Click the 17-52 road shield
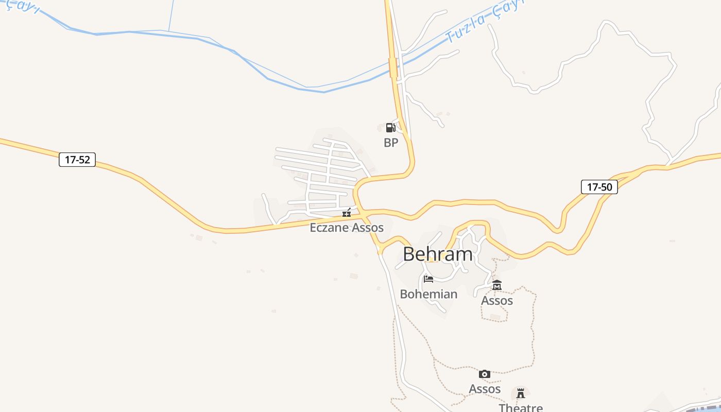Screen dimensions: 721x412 (77, 160)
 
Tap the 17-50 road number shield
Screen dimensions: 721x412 (599, 187)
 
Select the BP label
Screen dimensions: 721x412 (391, 143)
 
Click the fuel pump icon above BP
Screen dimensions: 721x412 (391, 128)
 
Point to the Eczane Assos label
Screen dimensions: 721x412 (347, 227)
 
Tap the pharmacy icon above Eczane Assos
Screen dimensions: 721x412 (347, 213)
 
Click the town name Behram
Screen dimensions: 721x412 (437, 254)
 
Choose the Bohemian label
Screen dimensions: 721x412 (428, 294)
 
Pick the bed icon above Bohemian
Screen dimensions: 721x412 (428, 279)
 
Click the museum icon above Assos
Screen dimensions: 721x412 (497, 285)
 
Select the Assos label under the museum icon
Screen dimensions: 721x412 (497, 300)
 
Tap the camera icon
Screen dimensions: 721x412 (485, 374)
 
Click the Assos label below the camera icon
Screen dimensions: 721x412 (485, 389)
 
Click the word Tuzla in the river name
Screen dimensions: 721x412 (466, 29)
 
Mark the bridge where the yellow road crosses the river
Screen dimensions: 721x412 (393, 67)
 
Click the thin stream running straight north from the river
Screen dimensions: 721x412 (171, 15)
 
